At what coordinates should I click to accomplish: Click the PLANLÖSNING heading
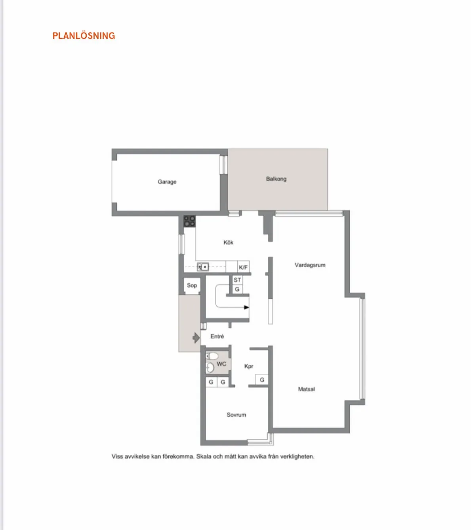tap(84, 36)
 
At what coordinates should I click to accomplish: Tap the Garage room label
tap(167, 182)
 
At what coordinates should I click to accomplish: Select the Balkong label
tap(276, 179)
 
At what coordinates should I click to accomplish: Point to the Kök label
tap(228, 242)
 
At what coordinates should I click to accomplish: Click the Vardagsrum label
tap(310, 265)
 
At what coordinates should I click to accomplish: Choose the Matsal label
tap(306, 389)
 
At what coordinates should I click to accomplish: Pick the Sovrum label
tap(236, 415)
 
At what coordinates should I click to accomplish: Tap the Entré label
tap(217, 336)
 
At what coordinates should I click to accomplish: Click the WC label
tap(221, 364)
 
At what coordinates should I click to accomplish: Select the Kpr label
tap(249, 366)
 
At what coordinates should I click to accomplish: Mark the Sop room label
tap(192, 285)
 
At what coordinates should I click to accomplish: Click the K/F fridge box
tap(243, 267)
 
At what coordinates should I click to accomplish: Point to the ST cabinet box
tap(237, 280)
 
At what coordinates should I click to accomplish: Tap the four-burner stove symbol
tap(189, 221)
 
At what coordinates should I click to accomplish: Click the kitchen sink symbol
tap(203, 267)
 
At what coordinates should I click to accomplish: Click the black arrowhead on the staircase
tap(247, 307)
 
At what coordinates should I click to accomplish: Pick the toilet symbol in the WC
tap(212, 356)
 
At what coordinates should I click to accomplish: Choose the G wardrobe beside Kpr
tap(262, 380)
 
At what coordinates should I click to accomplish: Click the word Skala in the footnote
tap(204, 456)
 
